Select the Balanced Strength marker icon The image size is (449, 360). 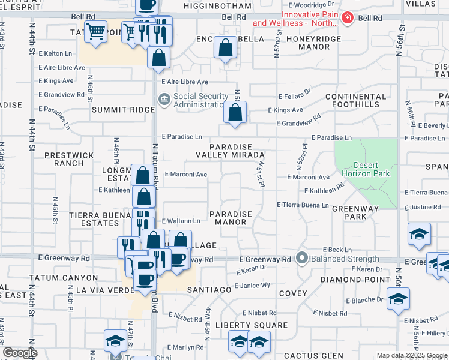coord(302,259)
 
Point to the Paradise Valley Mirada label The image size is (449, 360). coord(237,151)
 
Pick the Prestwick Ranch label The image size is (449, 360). coord(69,158)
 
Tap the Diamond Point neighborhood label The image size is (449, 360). coord(365,280)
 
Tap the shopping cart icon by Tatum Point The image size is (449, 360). coord(95,31)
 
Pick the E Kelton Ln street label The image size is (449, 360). coord(55,53)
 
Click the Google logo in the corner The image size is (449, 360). coord(20,353)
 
